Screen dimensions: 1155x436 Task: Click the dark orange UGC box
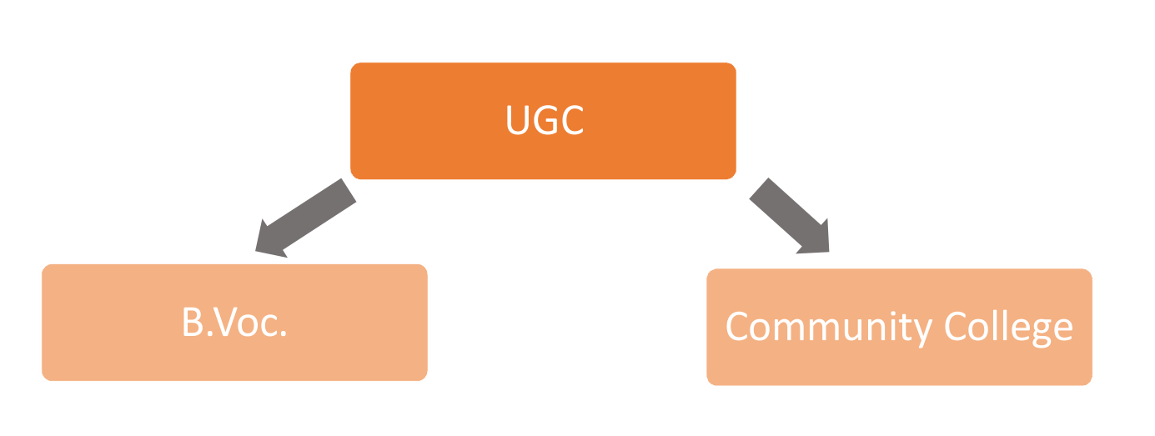pyautogui.click(x=543, y=121)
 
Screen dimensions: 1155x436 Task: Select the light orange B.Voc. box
pyautogui.click(x=234, y=323)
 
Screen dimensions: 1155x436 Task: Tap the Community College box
pyautogui.click(x=899, y=327)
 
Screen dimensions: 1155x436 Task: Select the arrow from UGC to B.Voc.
pyautogui.click(x=306, y=218)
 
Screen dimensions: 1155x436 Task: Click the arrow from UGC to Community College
pyautogui.click(x=790, y=216)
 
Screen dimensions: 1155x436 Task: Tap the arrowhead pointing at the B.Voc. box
pyautogui.click(x=269, y=240)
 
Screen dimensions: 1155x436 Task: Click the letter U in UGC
pyautogui.click(x=518, y=120)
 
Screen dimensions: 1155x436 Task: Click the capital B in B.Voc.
pyautogui.click(x=193, y=322)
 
